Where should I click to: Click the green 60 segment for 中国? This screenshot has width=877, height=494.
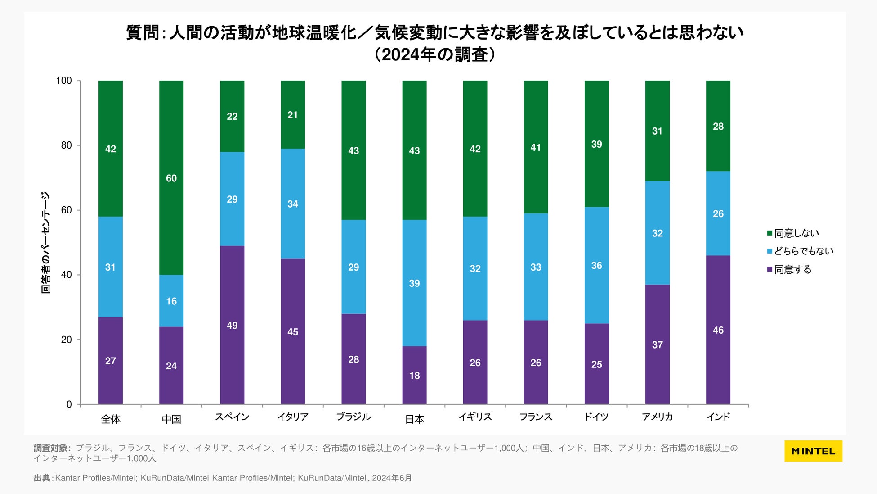[171, 177]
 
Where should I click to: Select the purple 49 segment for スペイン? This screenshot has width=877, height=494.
[232, 325]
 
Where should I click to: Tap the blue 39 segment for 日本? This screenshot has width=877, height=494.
[414, 283]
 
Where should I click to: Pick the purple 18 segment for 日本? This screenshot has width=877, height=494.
[414, 375]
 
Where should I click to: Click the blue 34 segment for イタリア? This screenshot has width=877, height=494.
[293, 204]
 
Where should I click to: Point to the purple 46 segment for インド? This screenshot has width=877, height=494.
[718, 330]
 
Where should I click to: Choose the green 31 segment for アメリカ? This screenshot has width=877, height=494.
[657, 131]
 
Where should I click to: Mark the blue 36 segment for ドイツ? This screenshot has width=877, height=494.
[596, 265]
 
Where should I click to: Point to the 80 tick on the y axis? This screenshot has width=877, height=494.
[67, 145]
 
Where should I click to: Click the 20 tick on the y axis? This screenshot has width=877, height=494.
[67, 340]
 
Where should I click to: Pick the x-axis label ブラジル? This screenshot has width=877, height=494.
[353, 417]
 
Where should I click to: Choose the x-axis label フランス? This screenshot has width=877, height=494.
[536, 417]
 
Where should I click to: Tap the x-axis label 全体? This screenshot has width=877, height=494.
[111, 419]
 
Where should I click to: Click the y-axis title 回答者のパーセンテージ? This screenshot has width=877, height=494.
[45, 243]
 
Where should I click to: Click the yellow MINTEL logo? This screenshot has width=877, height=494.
[813, 451]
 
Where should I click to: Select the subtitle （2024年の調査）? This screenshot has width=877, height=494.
[434, 55]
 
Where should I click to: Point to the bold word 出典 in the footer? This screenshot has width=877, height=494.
[42, 478]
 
